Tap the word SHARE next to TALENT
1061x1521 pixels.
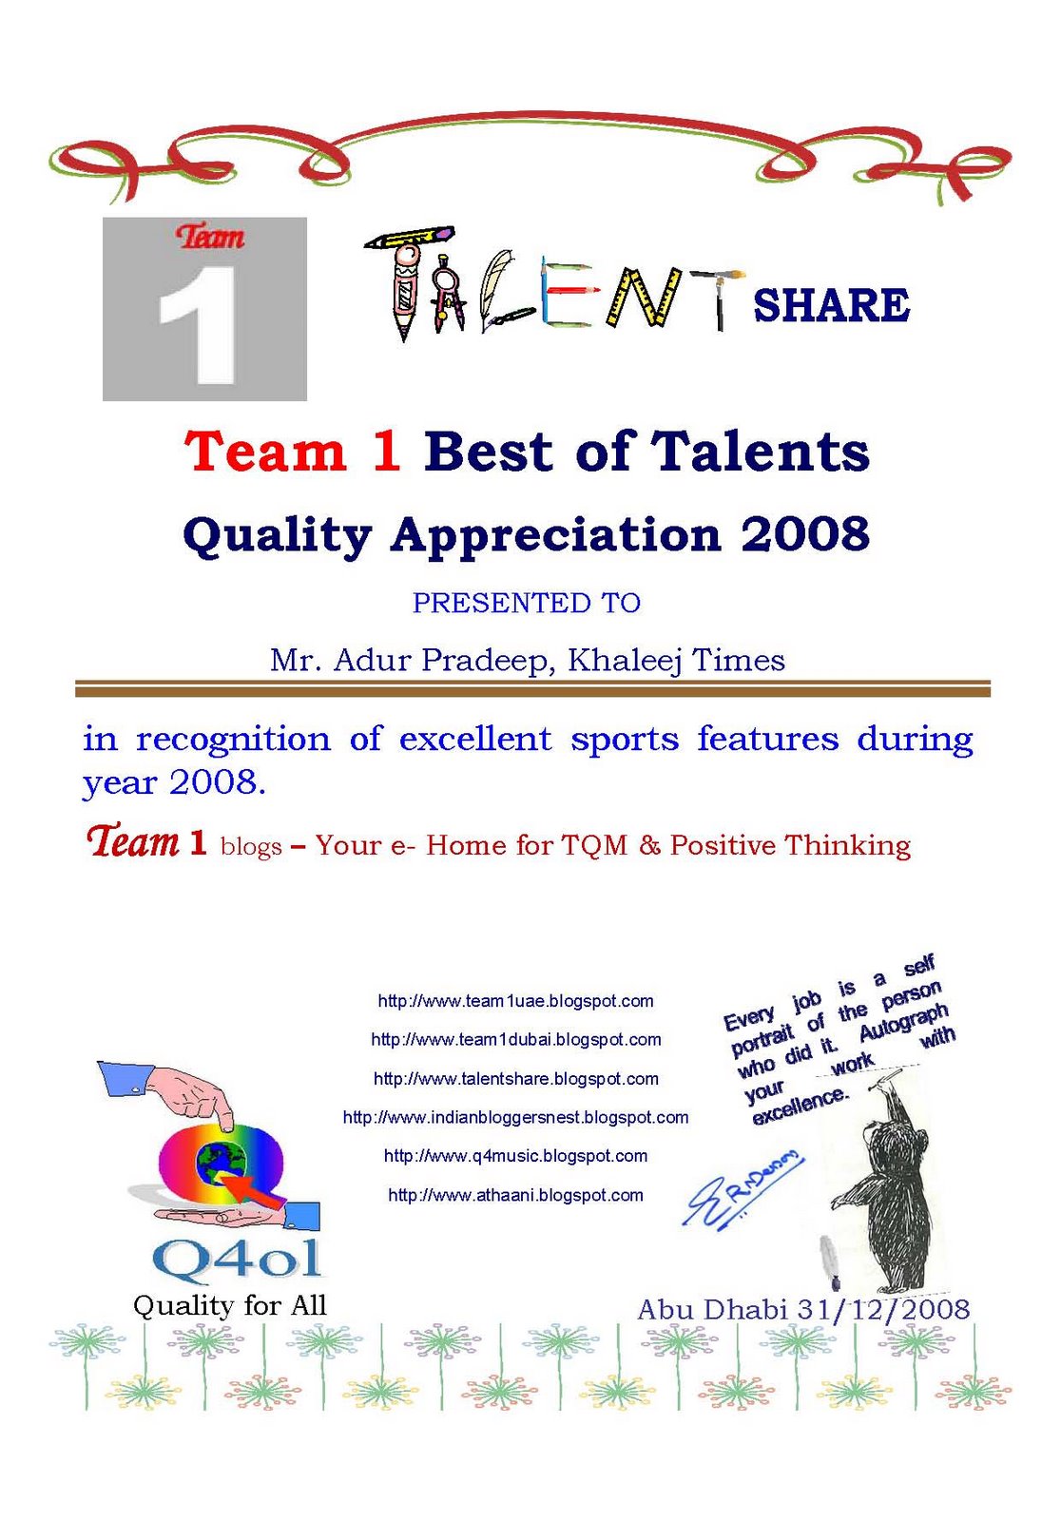[x=831, y=305]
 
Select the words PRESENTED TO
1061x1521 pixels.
[x=527, y=603]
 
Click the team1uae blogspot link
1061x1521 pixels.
[x=515, y=1001]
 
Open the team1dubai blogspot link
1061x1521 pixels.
[x=515, y=1040]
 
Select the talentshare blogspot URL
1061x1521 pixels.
[x=515, y=1079]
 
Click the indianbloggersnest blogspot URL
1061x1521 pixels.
[x=515, y=1118]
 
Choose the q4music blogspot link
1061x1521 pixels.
[x=515, y=1156]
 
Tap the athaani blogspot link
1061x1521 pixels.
[x=515, y=1195]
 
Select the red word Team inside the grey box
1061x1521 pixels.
[x=209, y=237]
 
